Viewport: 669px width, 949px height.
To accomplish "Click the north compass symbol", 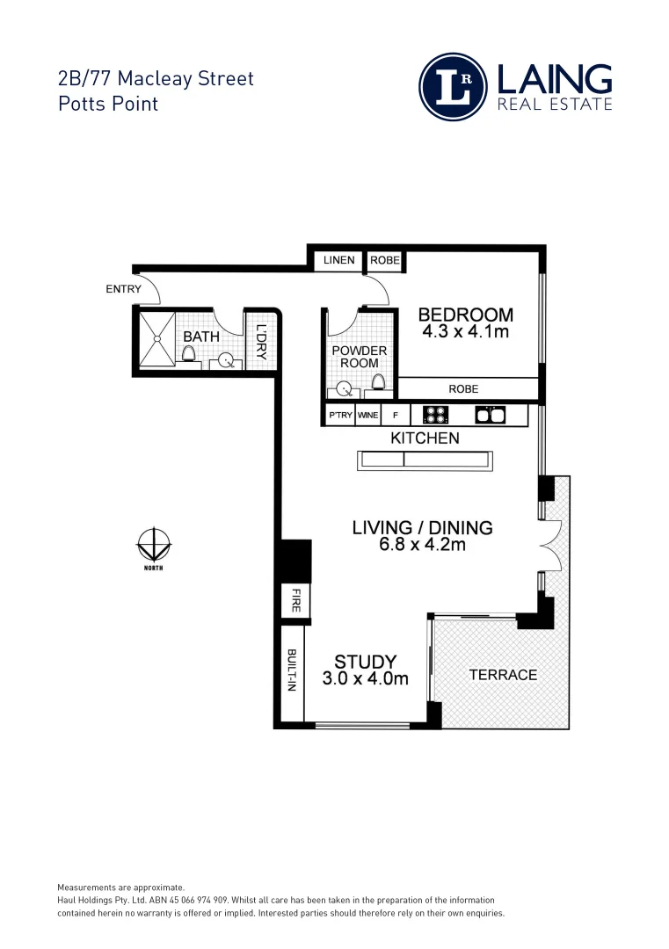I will point(155,546).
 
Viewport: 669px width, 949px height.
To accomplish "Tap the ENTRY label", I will point(123,289).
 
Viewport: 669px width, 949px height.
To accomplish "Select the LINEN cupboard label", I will point(338,260).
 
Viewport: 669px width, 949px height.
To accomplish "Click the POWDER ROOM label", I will point(359,357).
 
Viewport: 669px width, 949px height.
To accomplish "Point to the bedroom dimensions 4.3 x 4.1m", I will point(465,333).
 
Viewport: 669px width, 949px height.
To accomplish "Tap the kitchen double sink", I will point(488,414).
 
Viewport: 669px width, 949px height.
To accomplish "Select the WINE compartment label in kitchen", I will point(367,415).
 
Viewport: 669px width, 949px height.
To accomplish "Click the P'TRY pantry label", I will point(339,415).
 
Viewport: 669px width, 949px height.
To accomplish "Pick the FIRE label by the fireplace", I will point(292,602).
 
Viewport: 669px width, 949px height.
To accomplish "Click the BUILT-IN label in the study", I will point(291,671).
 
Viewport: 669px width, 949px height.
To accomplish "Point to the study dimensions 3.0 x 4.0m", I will point(365,678).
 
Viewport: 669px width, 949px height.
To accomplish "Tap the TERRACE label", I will point(502,675).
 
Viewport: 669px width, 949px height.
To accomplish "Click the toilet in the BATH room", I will point(188,353).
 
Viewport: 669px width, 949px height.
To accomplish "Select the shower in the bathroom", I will point(156,338).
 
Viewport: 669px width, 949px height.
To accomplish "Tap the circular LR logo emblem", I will point(453,87).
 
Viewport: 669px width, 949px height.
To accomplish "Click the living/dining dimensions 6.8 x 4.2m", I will point(422,545).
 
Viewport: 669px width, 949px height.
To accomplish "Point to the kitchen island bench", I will point(422,460).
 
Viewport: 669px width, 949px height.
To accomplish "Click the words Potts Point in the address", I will point(107,104).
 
